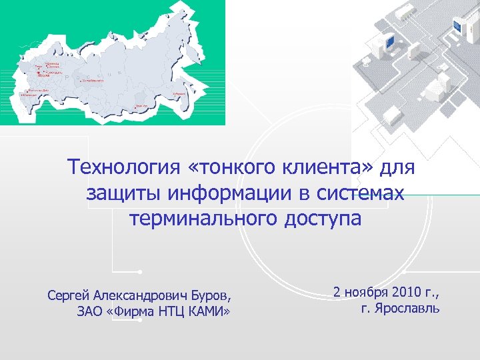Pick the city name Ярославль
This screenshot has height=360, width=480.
coord(407,309)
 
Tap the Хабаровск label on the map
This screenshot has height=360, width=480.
coord(178,94)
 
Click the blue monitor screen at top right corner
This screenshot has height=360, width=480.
coord(457,27)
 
